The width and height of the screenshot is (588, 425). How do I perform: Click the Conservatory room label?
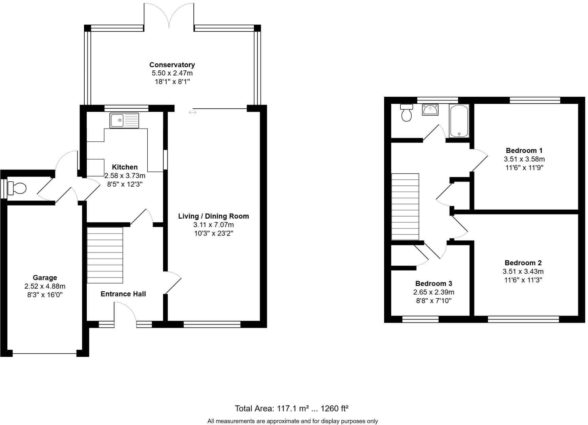click(172, 65)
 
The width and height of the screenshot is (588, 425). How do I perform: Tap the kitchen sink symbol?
click(124, 120)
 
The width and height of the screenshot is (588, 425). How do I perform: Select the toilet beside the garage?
click(17, 188)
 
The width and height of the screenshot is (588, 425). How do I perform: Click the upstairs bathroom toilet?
click(406, 113)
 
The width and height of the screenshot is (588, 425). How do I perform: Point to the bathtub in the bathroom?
click(459, 121)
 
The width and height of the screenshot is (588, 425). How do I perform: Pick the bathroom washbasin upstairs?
click(430, 110)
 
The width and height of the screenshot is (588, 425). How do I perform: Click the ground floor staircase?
click(105, 255)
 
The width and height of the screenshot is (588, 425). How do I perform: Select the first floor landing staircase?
click(405, 207)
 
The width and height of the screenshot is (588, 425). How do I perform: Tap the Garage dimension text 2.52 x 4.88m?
click(45, 286)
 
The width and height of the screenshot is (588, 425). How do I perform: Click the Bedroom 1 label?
click(524, 151)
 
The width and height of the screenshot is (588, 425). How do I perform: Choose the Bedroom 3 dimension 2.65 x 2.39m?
click(434, 292)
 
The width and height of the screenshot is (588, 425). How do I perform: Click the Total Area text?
click(292, 408)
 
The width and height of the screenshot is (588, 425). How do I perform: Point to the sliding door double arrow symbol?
click(192, 112)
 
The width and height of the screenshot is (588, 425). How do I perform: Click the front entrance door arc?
click(125, 311)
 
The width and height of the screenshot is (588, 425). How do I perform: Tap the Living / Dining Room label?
click(213, 216)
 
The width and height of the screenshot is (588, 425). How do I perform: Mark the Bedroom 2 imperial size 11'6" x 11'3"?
click(523, 280)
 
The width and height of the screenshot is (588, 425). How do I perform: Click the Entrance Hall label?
click(123, 294)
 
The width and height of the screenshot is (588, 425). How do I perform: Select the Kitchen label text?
click(125, 167)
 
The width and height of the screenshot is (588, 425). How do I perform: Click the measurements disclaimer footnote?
click(292, 421)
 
